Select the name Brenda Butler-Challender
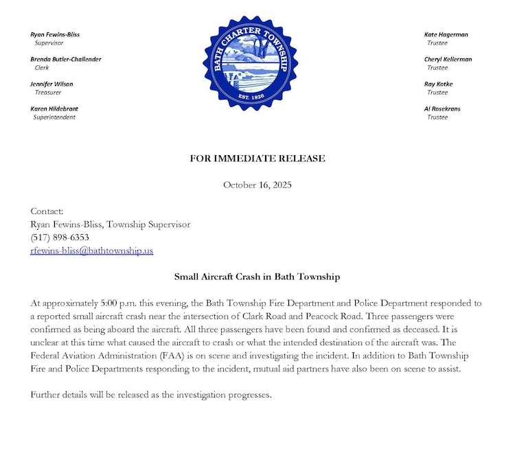click(x=66, y=59)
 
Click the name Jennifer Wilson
click(x=51, y=84)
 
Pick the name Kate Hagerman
click(x=446, y=34)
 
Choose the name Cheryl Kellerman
click(x=448, y=59)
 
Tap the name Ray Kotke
click(x=439, y=84)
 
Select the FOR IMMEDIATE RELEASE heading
click(x=257, y=159)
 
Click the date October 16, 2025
click(x=257, y=185)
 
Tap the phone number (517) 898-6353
click(x=60, y=237)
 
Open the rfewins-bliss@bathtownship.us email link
click(x=92, y=251)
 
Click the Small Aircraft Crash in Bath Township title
click(x=257, y=277)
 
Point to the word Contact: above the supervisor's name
click(x=47, y=211)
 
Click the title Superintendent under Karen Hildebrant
click(x=54, y=117)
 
